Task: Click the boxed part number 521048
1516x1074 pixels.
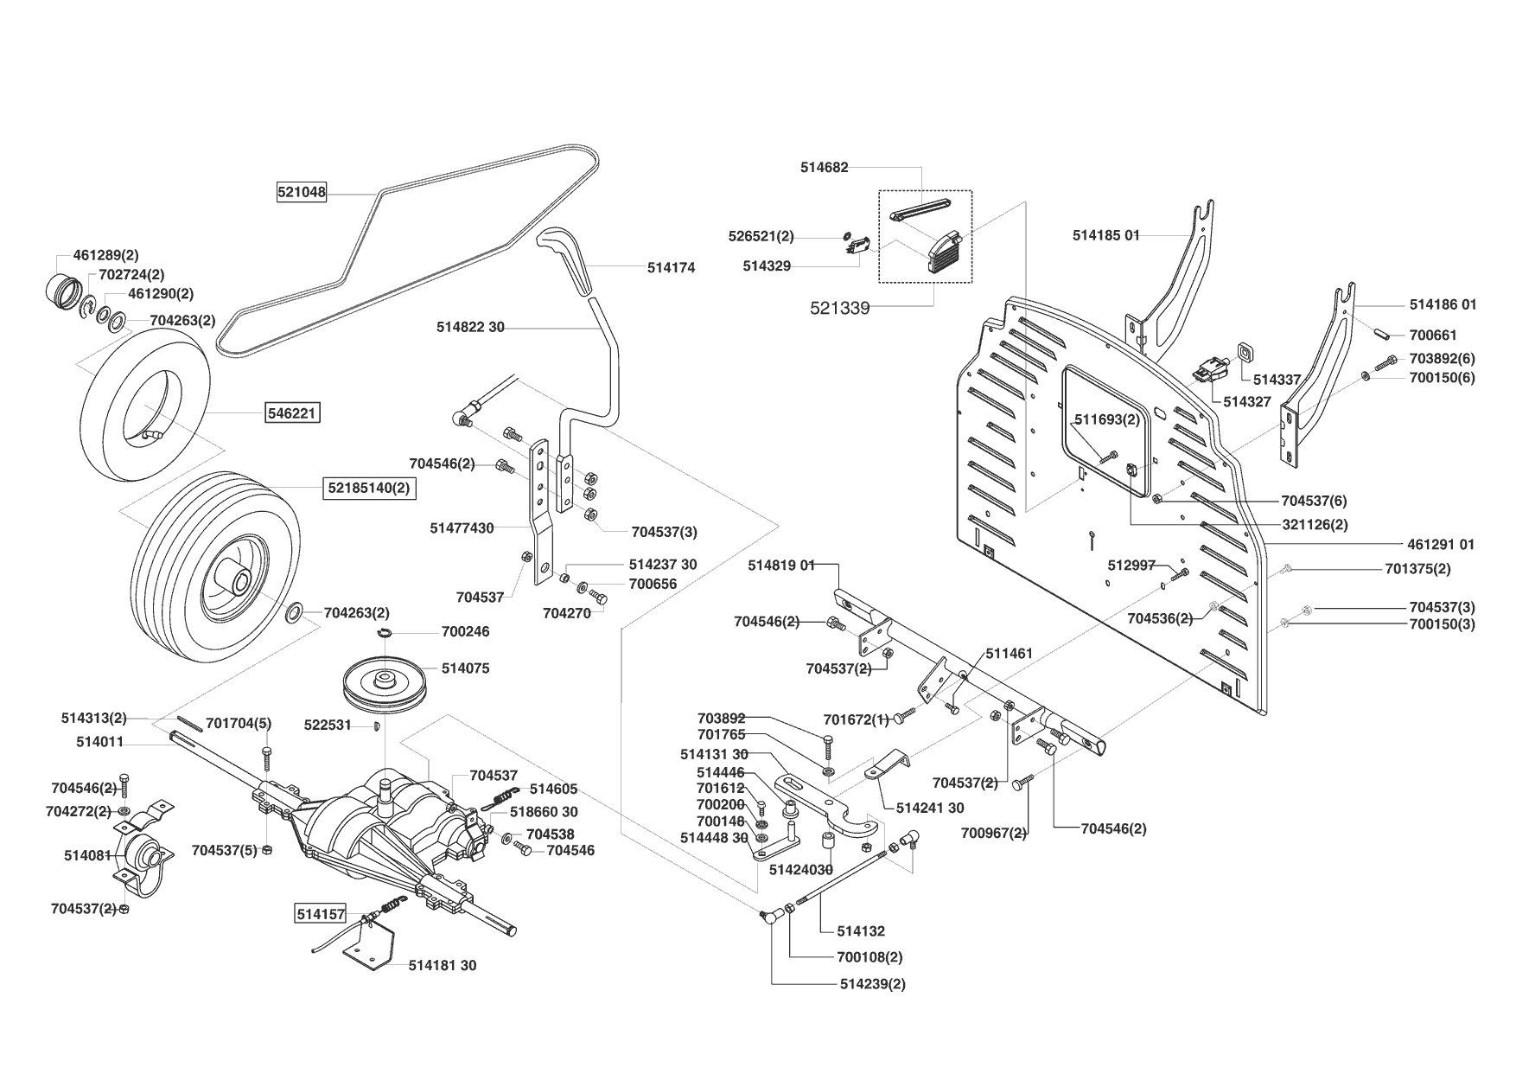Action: point(302,193)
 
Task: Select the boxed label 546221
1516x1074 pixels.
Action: point(293,413)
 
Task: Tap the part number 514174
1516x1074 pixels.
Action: point(671,268)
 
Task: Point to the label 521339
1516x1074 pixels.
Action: point(840,308)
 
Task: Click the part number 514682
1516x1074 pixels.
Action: point(825,168)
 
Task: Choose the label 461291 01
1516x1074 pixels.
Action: point(1442,544)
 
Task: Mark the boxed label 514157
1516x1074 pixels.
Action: point(321,914)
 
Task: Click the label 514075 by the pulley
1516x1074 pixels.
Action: point(465,668)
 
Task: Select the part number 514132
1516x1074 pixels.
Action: point(861,931)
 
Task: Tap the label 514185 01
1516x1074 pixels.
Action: point(1106,235)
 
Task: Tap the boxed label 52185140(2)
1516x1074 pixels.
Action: point(367,488)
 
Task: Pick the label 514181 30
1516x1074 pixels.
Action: point(443,965)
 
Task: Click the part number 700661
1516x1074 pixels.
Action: point(1433,336)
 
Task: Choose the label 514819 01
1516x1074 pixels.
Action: point(781,565)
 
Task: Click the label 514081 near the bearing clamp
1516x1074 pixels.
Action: point(87,855)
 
